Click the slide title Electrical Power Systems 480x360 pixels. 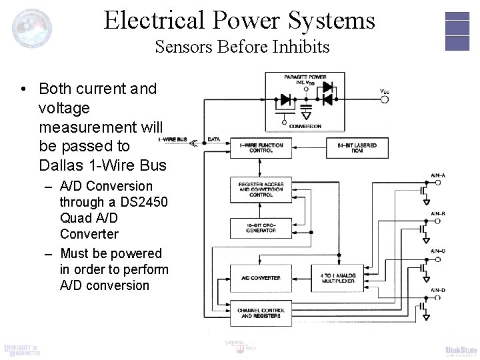point(239,20)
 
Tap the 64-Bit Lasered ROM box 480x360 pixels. point(353,148)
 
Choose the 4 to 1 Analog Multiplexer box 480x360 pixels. point(337,277)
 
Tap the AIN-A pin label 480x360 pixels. point(437,175)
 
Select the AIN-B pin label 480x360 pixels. point(437,213)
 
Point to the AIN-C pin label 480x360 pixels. point(437,251)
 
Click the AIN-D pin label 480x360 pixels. point(437,289)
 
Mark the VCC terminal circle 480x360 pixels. point(384,100)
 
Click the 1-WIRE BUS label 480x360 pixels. point(172,140)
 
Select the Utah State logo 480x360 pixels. point(461,351)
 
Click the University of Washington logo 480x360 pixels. point(21,349)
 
